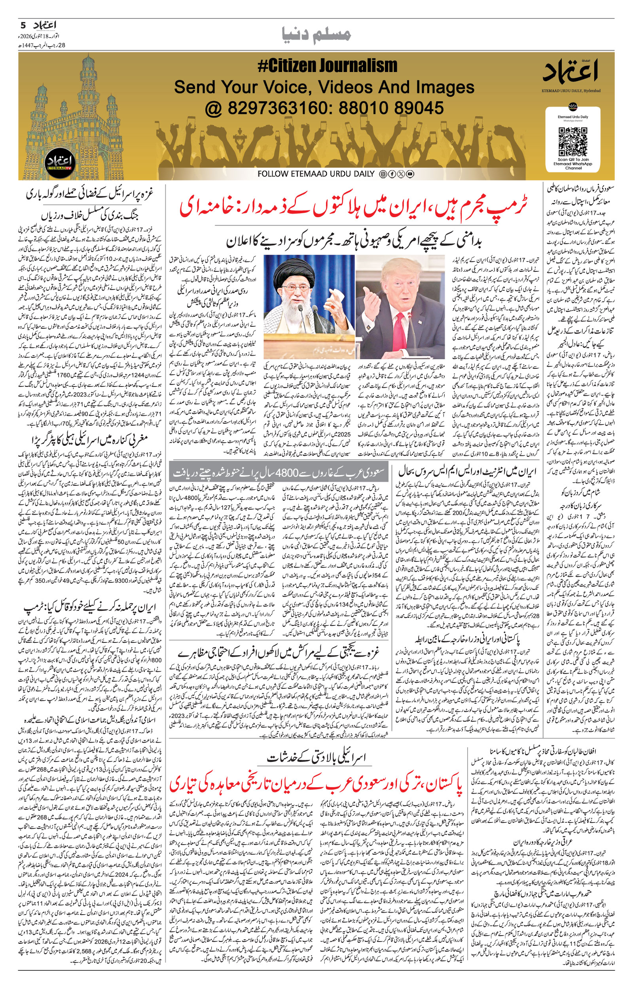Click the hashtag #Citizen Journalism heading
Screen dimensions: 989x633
(327, 66)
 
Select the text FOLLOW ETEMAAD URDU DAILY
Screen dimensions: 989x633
(316, 174)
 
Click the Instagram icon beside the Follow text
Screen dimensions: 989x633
(383, 174)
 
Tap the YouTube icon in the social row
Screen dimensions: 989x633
(410, 174)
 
